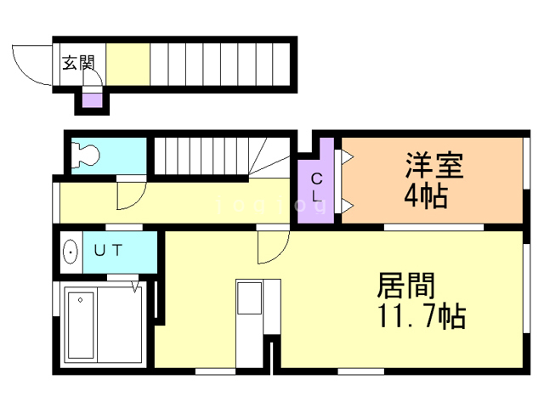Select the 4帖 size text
click(427, 197)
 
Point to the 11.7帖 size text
click(420, 317)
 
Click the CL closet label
click(316, 187)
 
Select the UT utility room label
click(108, 251)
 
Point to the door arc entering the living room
click(271, 249)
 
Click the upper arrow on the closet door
click(347, 156)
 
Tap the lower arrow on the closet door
click(347, 205)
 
